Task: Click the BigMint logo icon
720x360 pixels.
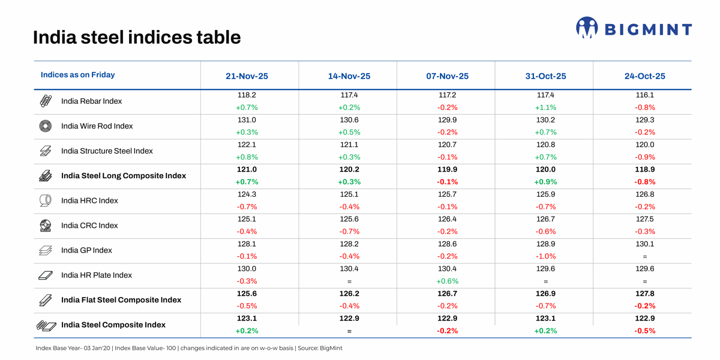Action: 586,28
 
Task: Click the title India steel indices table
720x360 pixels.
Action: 137,38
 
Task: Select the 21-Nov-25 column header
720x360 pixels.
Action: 247,76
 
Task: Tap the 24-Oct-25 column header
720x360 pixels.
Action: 644,76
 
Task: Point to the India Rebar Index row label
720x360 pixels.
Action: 91,101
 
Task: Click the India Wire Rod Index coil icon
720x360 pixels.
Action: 46,126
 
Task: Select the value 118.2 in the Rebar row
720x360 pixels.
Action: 247,95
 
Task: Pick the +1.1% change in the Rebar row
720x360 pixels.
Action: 545,108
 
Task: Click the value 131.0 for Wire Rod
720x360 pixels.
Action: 247,120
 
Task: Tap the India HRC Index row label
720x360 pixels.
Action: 89,200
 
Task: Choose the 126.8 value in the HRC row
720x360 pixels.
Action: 644,194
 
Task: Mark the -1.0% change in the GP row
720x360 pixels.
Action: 545,256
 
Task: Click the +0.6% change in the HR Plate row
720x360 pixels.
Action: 447,281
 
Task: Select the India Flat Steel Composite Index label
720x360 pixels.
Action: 121,300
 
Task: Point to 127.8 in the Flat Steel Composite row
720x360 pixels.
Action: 644,293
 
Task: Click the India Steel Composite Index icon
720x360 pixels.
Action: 46,325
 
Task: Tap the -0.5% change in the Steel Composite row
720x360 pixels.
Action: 644,331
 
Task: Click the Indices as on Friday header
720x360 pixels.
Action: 77,75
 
